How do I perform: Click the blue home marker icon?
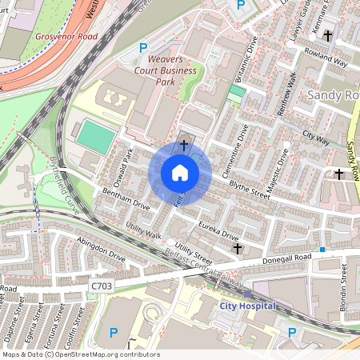[180, 173]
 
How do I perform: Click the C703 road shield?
[102, 285]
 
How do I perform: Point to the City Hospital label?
[248, 306]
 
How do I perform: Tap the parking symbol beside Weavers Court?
[143, 48]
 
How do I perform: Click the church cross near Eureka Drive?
[237, 250]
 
